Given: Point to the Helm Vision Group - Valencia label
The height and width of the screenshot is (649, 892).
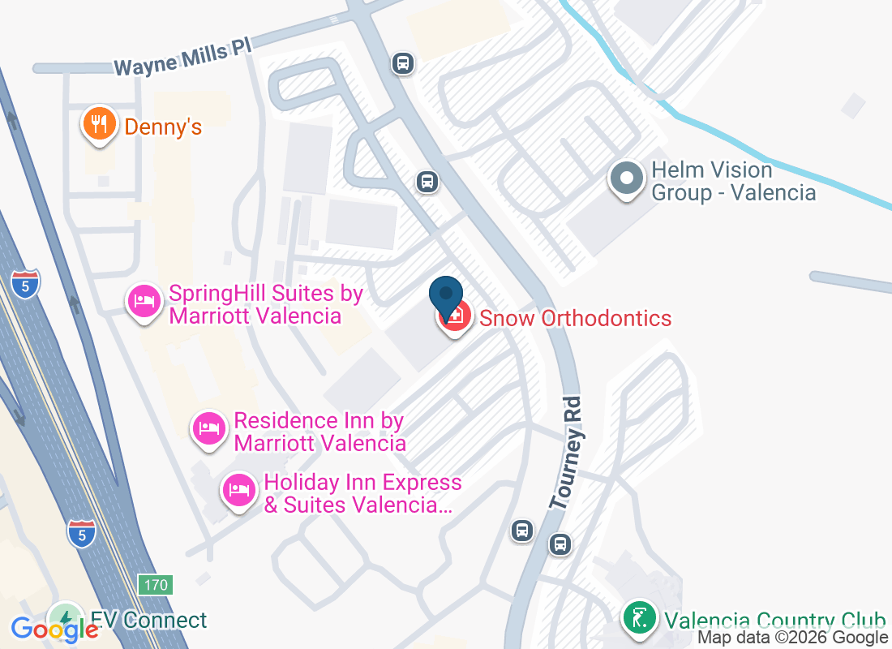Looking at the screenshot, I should pyautogui.click(x=733, y=181).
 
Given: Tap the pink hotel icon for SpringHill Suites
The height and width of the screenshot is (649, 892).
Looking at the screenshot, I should pyautogui.click(x=144, y=302).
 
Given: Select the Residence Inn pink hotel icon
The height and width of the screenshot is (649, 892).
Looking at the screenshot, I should pyautogui.click(x=209, y=428).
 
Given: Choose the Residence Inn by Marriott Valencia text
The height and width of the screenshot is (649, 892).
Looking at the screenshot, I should pyautogui.click(x=319, y=432).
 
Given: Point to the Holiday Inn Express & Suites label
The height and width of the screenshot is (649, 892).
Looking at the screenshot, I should pyautogui.click(x=362, y=494).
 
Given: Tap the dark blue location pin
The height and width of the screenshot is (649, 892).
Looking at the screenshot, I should pyautogui.click(x=445, y=298).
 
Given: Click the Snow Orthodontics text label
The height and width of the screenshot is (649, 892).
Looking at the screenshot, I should pyautogui.click(x=575, y=317).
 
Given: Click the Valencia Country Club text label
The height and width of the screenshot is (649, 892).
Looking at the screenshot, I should pyautogui.click(x=774, y=621).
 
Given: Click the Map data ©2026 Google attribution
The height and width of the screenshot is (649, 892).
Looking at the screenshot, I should pyautogui.click(x=792, y=638).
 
